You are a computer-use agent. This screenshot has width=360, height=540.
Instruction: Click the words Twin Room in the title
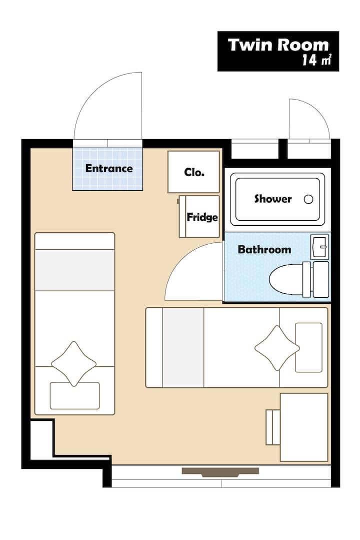coord(278,45)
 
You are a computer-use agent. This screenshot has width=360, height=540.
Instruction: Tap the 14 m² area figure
coord(316,60)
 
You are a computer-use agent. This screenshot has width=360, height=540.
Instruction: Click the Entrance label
coord(109,168)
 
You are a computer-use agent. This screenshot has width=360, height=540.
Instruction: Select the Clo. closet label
coord(194,172)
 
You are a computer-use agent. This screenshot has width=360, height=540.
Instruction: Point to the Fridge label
coord(202,217)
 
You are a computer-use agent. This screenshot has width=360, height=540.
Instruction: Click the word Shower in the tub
coord(273,199)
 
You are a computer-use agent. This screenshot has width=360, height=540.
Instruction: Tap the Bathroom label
coord(264,249)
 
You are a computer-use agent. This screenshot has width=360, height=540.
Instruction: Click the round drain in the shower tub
coord(308,199)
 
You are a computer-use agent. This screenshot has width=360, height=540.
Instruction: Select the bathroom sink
coord(319,247)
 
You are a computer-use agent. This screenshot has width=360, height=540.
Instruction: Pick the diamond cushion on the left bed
coord(73,364)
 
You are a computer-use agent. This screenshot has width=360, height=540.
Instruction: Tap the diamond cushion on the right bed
coord(277,348)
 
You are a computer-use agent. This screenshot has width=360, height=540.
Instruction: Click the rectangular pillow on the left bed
coord(74,396)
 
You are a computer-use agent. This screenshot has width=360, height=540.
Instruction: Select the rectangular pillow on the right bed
coord(309,347)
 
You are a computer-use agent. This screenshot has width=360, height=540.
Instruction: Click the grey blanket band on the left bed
coord(74,270)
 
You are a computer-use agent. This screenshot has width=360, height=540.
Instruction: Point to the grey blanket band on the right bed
coord(183,347)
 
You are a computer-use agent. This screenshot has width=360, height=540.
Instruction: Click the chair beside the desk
coord(273,427)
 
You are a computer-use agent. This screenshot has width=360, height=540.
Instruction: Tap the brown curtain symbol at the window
coord(220,472)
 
